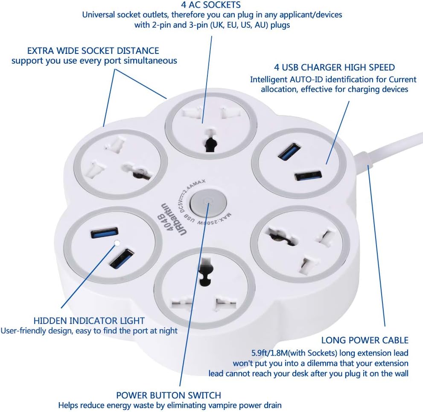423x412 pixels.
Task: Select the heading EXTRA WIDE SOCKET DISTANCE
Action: [93, 51]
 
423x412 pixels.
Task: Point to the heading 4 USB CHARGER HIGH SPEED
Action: [334, 68]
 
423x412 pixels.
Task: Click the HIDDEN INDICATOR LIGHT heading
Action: [89, 321]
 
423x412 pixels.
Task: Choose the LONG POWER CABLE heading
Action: [365, 341]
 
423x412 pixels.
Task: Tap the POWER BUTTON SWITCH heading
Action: [169, 395]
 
